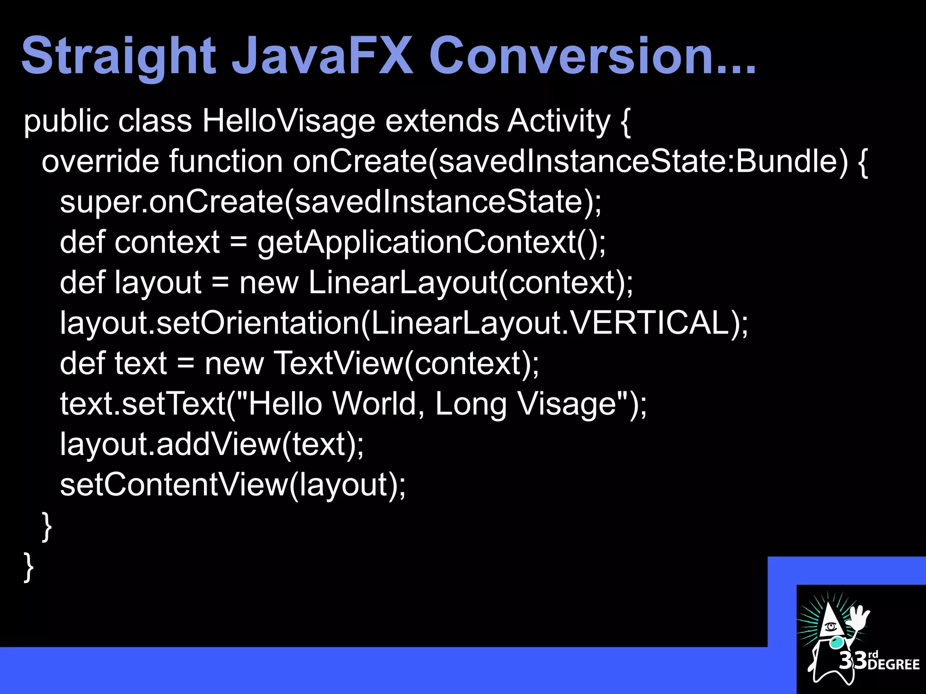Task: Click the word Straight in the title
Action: pyautogui.click(x=118, y=57)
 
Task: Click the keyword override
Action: pyautogui.click(x=100, y=161)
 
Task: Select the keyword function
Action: pyautogui.click(x=226, y=161)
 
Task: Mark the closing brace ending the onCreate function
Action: pyautogui.click(x=47, y=525)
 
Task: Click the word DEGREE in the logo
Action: pyautogui.click(x=893, y=664)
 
